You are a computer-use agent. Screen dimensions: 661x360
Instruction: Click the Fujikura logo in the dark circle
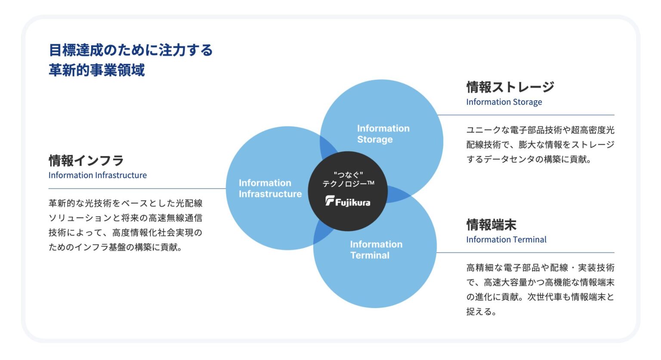[348, 201]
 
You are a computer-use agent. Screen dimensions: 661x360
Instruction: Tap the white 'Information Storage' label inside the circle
[383, 134]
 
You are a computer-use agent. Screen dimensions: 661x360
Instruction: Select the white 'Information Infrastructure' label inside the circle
[270, 188]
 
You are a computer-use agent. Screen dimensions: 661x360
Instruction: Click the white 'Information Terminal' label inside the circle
[376, 249]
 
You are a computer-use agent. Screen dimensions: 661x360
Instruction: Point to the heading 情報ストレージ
[510, 87]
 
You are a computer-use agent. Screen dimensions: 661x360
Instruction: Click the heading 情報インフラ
[86, 160]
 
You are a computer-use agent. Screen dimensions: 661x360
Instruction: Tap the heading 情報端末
[491, 225]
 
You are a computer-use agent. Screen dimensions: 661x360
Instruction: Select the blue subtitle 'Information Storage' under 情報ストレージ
[504, 102]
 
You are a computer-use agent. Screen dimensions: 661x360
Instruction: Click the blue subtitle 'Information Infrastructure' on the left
[98, 175]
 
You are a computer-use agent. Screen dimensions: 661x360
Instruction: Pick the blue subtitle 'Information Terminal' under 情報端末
[507, 240]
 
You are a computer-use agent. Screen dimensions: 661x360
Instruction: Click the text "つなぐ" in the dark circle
[348, 175]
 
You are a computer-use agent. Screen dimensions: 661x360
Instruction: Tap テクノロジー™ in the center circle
[348, 184]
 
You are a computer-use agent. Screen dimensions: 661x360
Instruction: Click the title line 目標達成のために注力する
[131, 50]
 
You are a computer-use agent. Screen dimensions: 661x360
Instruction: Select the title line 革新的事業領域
[97, 70]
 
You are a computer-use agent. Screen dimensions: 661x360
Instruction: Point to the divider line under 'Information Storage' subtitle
[526, 115]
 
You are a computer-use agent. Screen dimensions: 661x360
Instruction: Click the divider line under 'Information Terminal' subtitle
[525, 252]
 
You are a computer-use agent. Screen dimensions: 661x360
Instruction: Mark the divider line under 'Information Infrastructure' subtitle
[137, 188]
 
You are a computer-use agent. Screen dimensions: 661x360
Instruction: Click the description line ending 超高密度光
[541, 130]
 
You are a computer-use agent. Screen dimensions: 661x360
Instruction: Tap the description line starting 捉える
[481, 312]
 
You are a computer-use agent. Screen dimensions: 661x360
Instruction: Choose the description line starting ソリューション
[125, 218]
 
